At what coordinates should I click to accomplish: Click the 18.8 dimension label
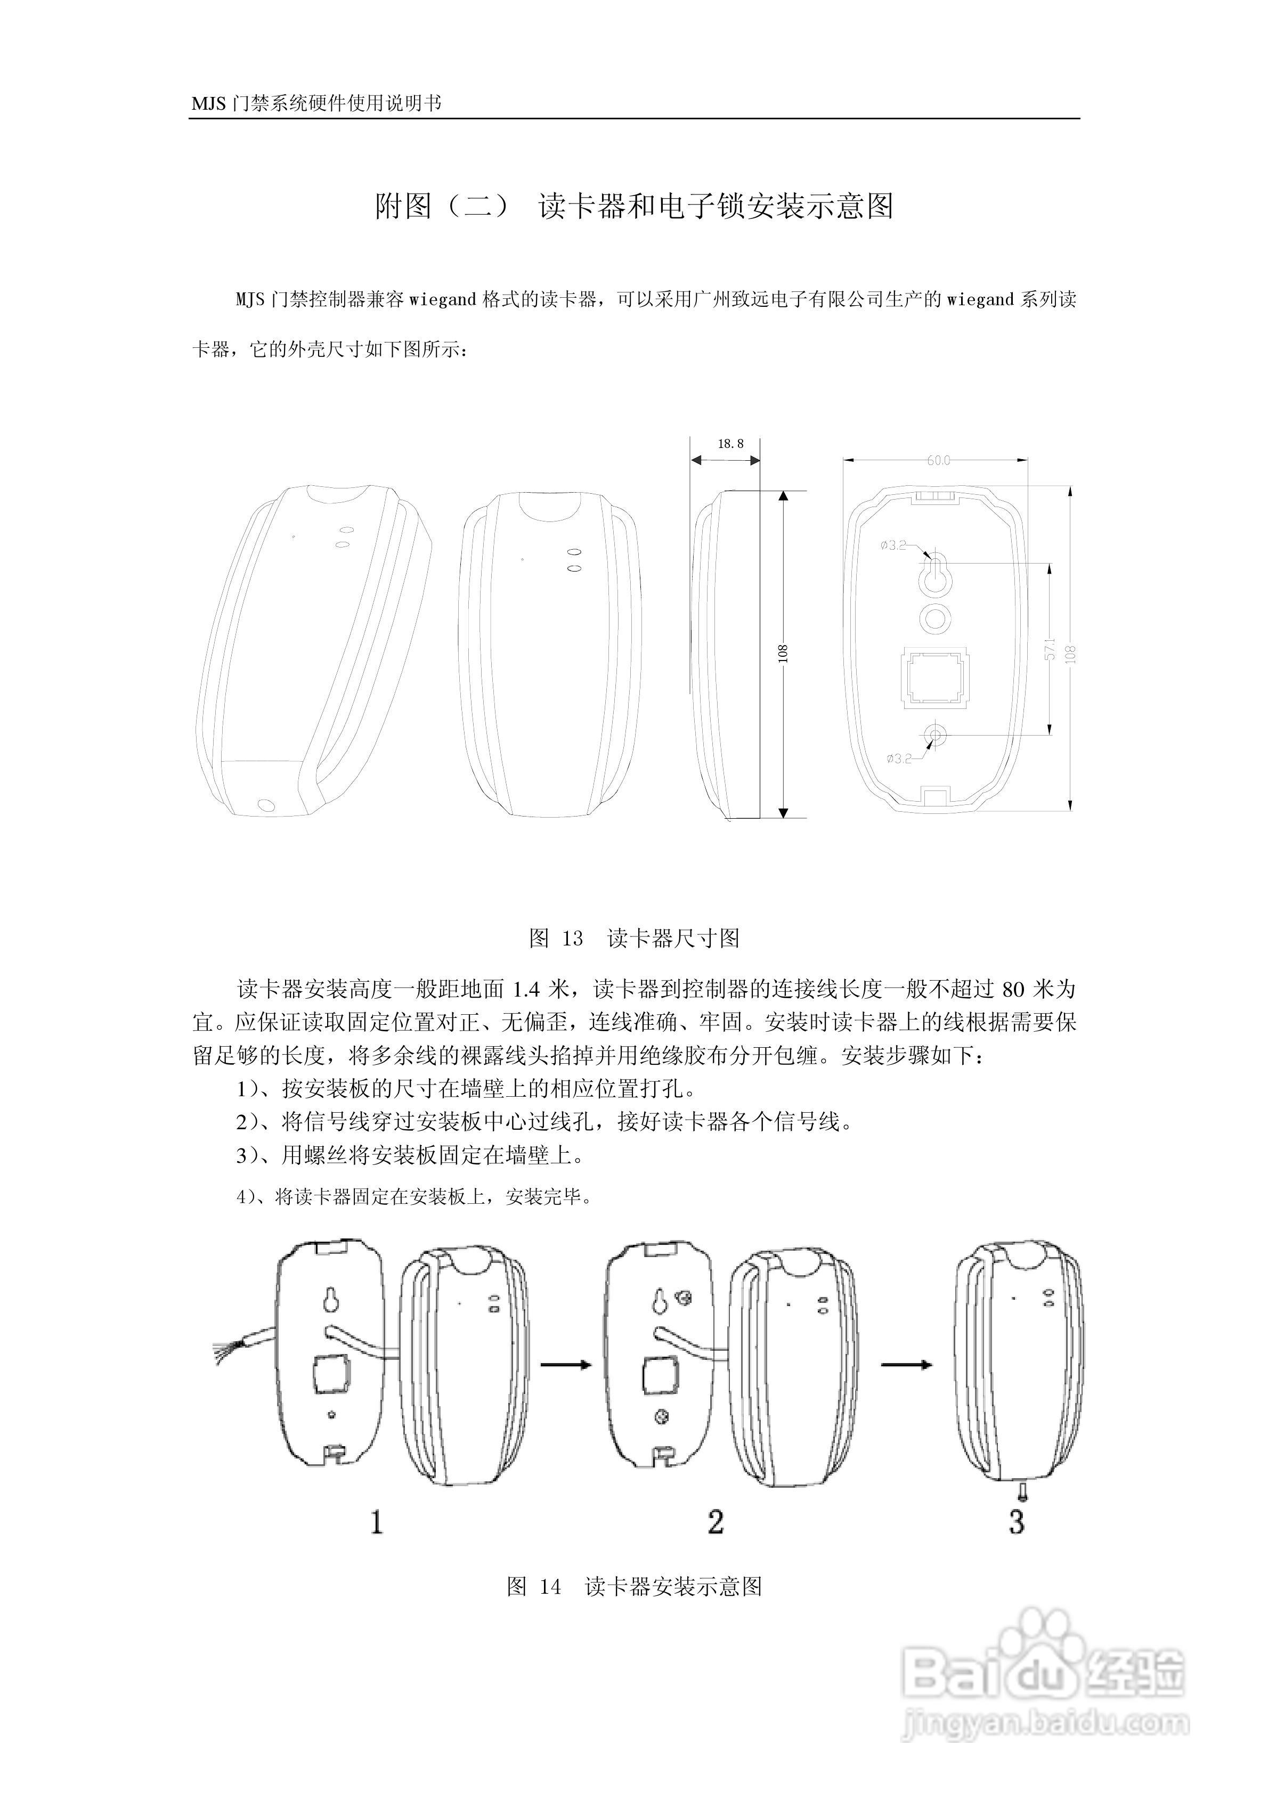point(729,444)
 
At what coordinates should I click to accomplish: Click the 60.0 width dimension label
point(938,460)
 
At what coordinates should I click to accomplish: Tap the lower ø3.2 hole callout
point(899,758)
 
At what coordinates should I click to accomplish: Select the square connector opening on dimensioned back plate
point(935,676)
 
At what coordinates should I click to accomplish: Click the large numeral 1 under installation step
point(376,1522)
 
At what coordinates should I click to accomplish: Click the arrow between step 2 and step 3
point(907,1364)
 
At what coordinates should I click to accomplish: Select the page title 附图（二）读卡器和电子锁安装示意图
point(634,206)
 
